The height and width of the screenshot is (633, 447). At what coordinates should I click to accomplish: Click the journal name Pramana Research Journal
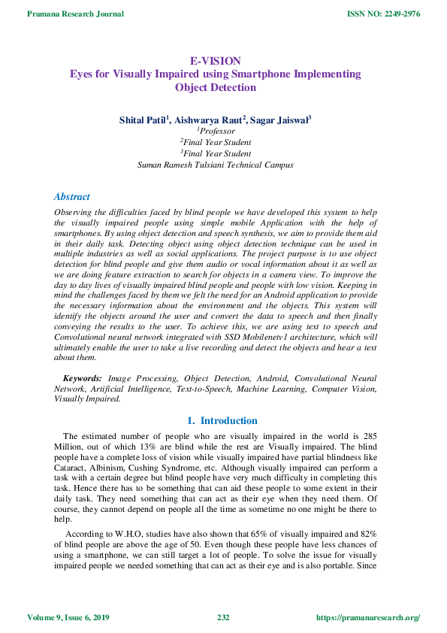tap(67, 13)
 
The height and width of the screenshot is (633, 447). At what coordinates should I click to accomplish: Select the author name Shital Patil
tap(143, 120)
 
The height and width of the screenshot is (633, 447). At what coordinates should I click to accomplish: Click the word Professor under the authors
tap(216, 131)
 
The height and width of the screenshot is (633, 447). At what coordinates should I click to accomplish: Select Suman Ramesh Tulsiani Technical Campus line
tap(215, 165)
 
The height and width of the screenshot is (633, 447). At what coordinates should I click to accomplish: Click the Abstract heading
tap(72, 197)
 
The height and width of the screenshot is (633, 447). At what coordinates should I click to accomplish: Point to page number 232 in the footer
tap(223, 618)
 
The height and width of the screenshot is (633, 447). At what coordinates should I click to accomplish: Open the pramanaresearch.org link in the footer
tap(368, 618)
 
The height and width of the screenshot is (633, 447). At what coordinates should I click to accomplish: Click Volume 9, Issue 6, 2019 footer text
tap(68, 618)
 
